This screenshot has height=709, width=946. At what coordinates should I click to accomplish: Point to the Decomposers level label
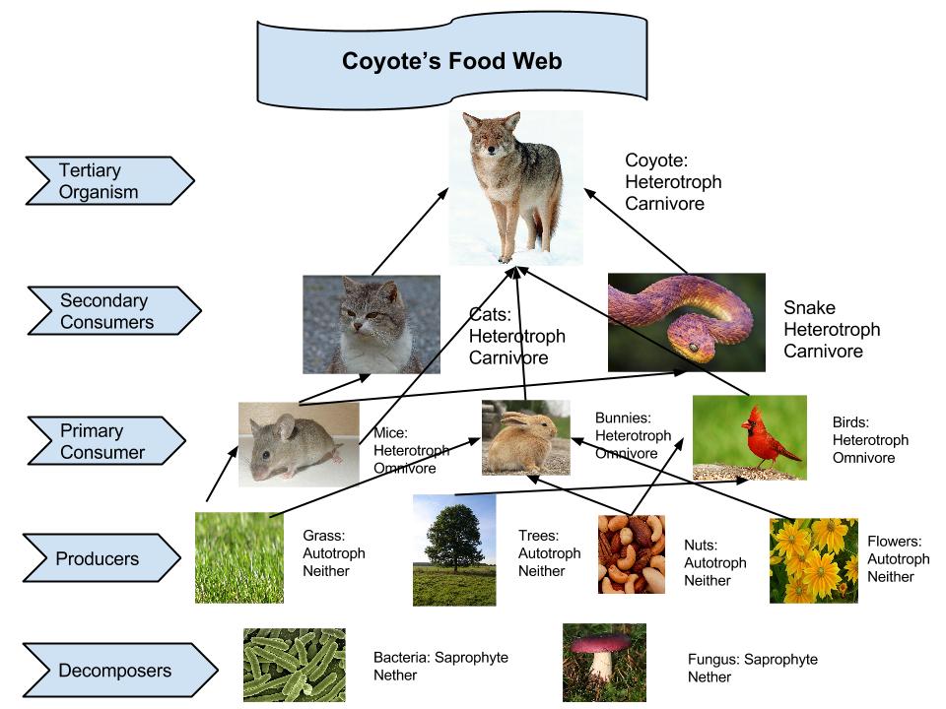tap(108, 672)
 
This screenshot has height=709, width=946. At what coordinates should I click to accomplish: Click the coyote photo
tap(514, 187)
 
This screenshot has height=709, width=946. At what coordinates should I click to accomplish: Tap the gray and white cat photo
tap(371, 324)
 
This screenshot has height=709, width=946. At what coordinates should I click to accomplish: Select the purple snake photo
tap(686, 322)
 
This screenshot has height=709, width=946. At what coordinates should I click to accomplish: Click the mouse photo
tap(299, 444)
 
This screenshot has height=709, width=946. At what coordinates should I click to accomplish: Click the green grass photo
tap(238, 556)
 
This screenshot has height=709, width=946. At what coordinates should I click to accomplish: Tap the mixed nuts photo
tap(631, 555)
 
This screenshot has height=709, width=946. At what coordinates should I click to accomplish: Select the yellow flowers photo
tap(813, 559)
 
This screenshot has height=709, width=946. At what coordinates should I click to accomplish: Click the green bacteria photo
tap(294, 665)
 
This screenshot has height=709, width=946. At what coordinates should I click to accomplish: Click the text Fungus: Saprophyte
tap(752, 659)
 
